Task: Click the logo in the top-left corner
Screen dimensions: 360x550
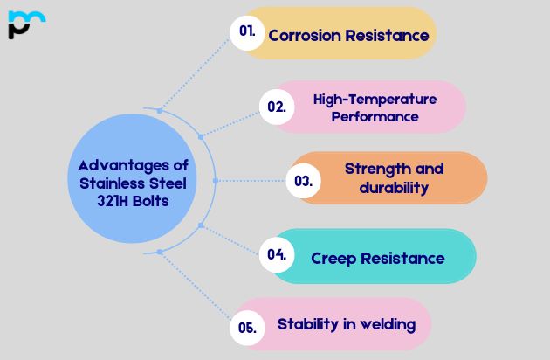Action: click(x=24, y=24)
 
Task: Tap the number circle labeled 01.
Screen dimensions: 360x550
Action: click(x=247, y=32)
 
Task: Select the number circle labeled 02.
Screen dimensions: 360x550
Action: click(x=277, y=107)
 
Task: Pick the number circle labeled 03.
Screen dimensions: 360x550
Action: click(x=303, y=181)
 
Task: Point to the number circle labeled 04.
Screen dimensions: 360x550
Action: click(x=277, y=254)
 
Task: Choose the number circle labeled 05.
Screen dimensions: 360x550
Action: click(x=247, y=328)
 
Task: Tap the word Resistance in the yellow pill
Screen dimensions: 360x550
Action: click(x=385, y=36)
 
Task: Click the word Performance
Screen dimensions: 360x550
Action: click(x=375, y=116)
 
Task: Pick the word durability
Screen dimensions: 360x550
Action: click(x=394, y=187)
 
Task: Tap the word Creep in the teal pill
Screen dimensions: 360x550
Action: click(x=333, y=258)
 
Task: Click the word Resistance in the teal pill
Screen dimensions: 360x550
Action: click(x=402, y=258)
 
